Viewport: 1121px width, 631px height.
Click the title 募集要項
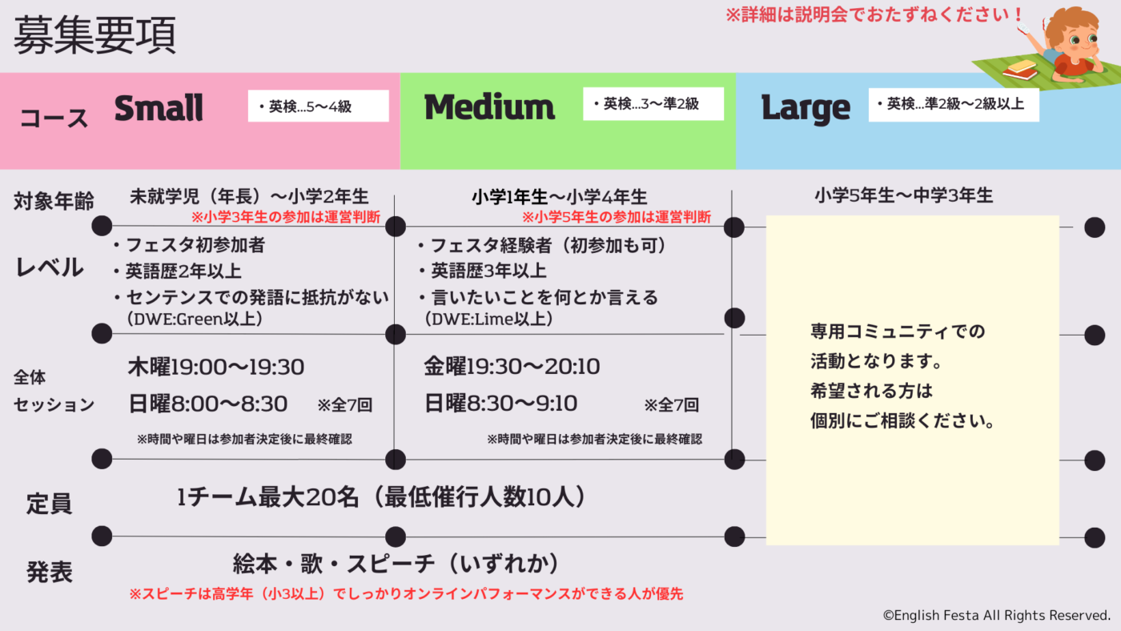click(95, 35)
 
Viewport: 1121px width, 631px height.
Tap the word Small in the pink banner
click(159, 108)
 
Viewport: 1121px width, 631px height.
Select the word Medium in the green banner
click(489, 107)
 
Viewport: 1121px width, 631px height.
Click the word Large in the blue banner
click(805, 108)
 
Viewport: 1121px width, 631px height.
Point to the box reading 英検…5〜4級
click(318, 106)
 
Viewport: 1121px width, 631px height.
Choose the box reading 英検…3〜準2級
click(653, 104)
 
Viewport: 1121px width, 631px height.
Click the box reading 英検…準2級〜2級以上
click(953, 104)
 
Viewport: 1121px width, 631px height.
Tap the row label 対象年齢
click(53, 201)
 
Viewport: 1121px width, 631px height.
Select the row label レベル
click(50, 267)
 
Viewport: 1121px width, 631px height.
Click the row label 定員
click(50, 504)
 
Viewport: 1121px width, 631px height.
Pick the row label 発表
click(50, 572)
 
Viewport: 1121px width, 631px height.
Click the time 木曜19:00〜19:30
click(216, 368)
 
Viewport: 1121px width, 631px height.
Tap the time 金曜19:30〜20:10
click(512, 368)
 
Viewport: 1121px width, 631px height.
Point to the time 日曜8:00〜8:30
click(207, 404)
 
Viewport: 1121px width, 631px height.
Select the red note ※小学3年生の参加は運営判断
click(285, 217)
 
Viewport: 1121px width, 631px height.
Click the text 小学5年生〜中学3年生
click(903, 195)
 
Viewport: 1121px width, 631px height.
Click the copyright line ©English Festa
click(996, 615)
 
